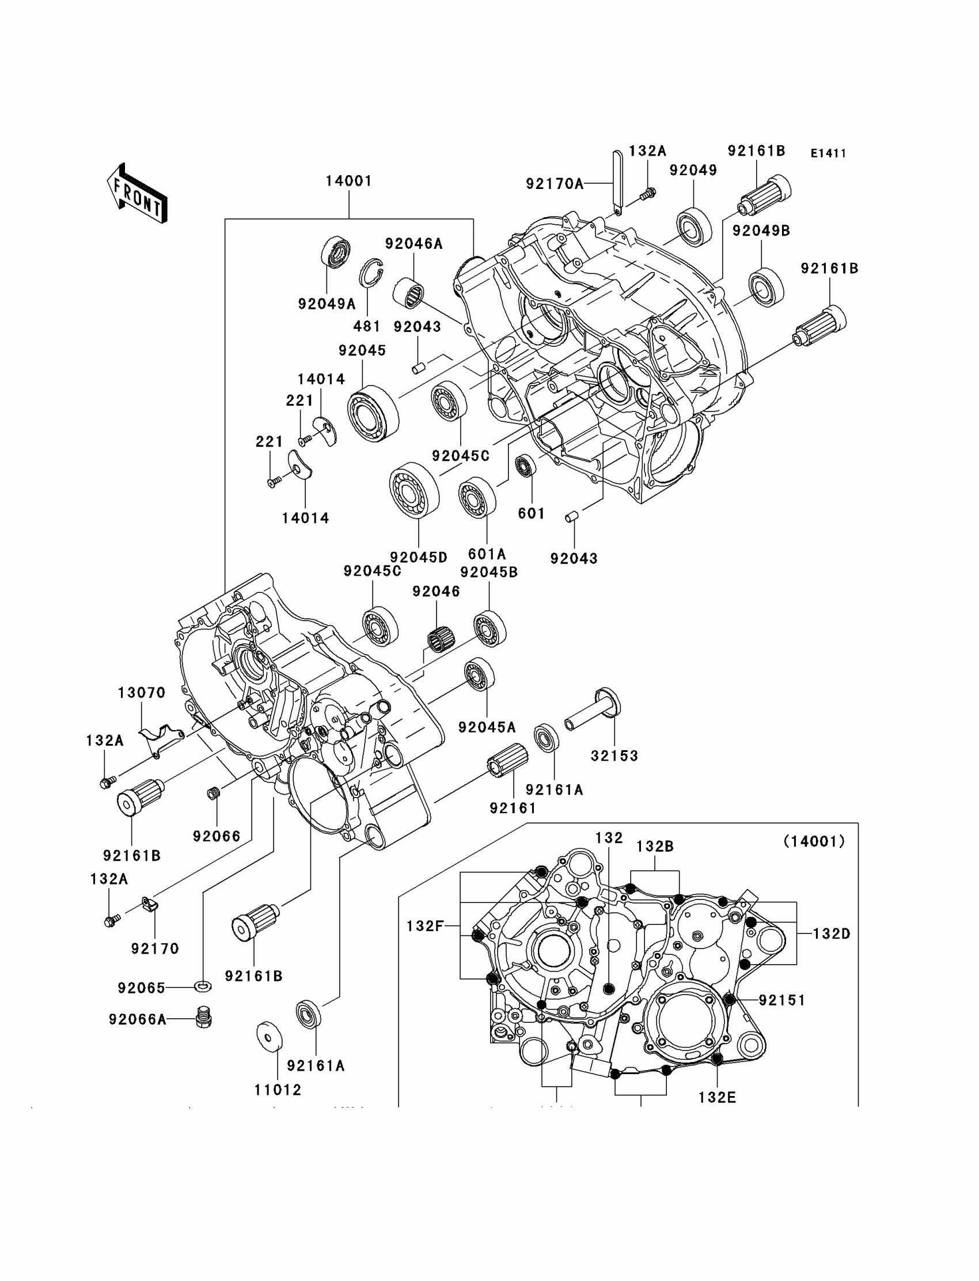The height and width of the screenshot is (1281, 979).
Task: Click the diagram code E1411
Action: (x=828, y=153)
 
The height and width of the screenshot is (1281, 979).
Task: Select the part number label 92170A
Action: (x=554, y=184)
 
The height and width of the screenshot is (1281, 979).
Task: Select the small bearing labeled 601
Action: (x=525, y=466)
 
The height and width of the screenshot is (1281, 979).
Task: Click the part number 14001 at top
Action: (x=348, y=181)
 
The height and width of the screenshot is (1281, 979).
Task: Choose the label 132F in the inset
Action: (x=425, y=926)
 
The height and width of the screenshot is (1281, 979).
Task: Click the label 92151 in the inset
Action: (x=781, y=1000)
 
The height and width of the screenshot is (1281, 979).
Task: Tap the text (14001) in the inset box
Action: (x=814, y=841)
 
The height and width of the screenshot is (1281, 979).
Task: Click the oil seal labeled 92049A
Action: (x=336, y=252)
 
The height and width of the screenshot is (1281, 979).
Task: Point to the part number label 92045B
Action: (x=489, y=572)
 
